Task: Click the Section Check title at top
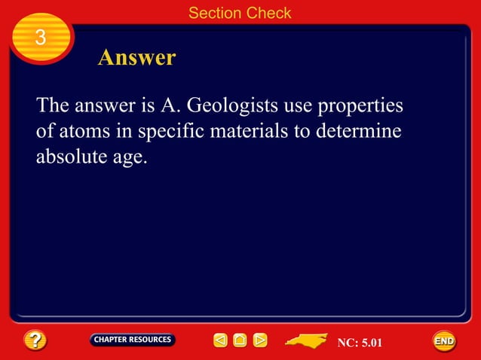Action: [240, 12]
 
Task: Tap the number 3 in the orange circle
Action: [41, 38]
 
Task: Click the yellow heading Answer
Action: [136, 58]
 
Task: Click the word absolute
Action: [72, 158]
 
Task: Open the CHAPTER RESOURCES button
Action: [133, 340]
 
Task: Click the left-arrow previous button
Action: [219, 341]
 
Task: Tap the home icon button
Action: [240, 341]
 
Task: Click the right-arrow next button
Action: [260, 341]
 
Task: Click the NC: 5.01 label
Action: [360, 343]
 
